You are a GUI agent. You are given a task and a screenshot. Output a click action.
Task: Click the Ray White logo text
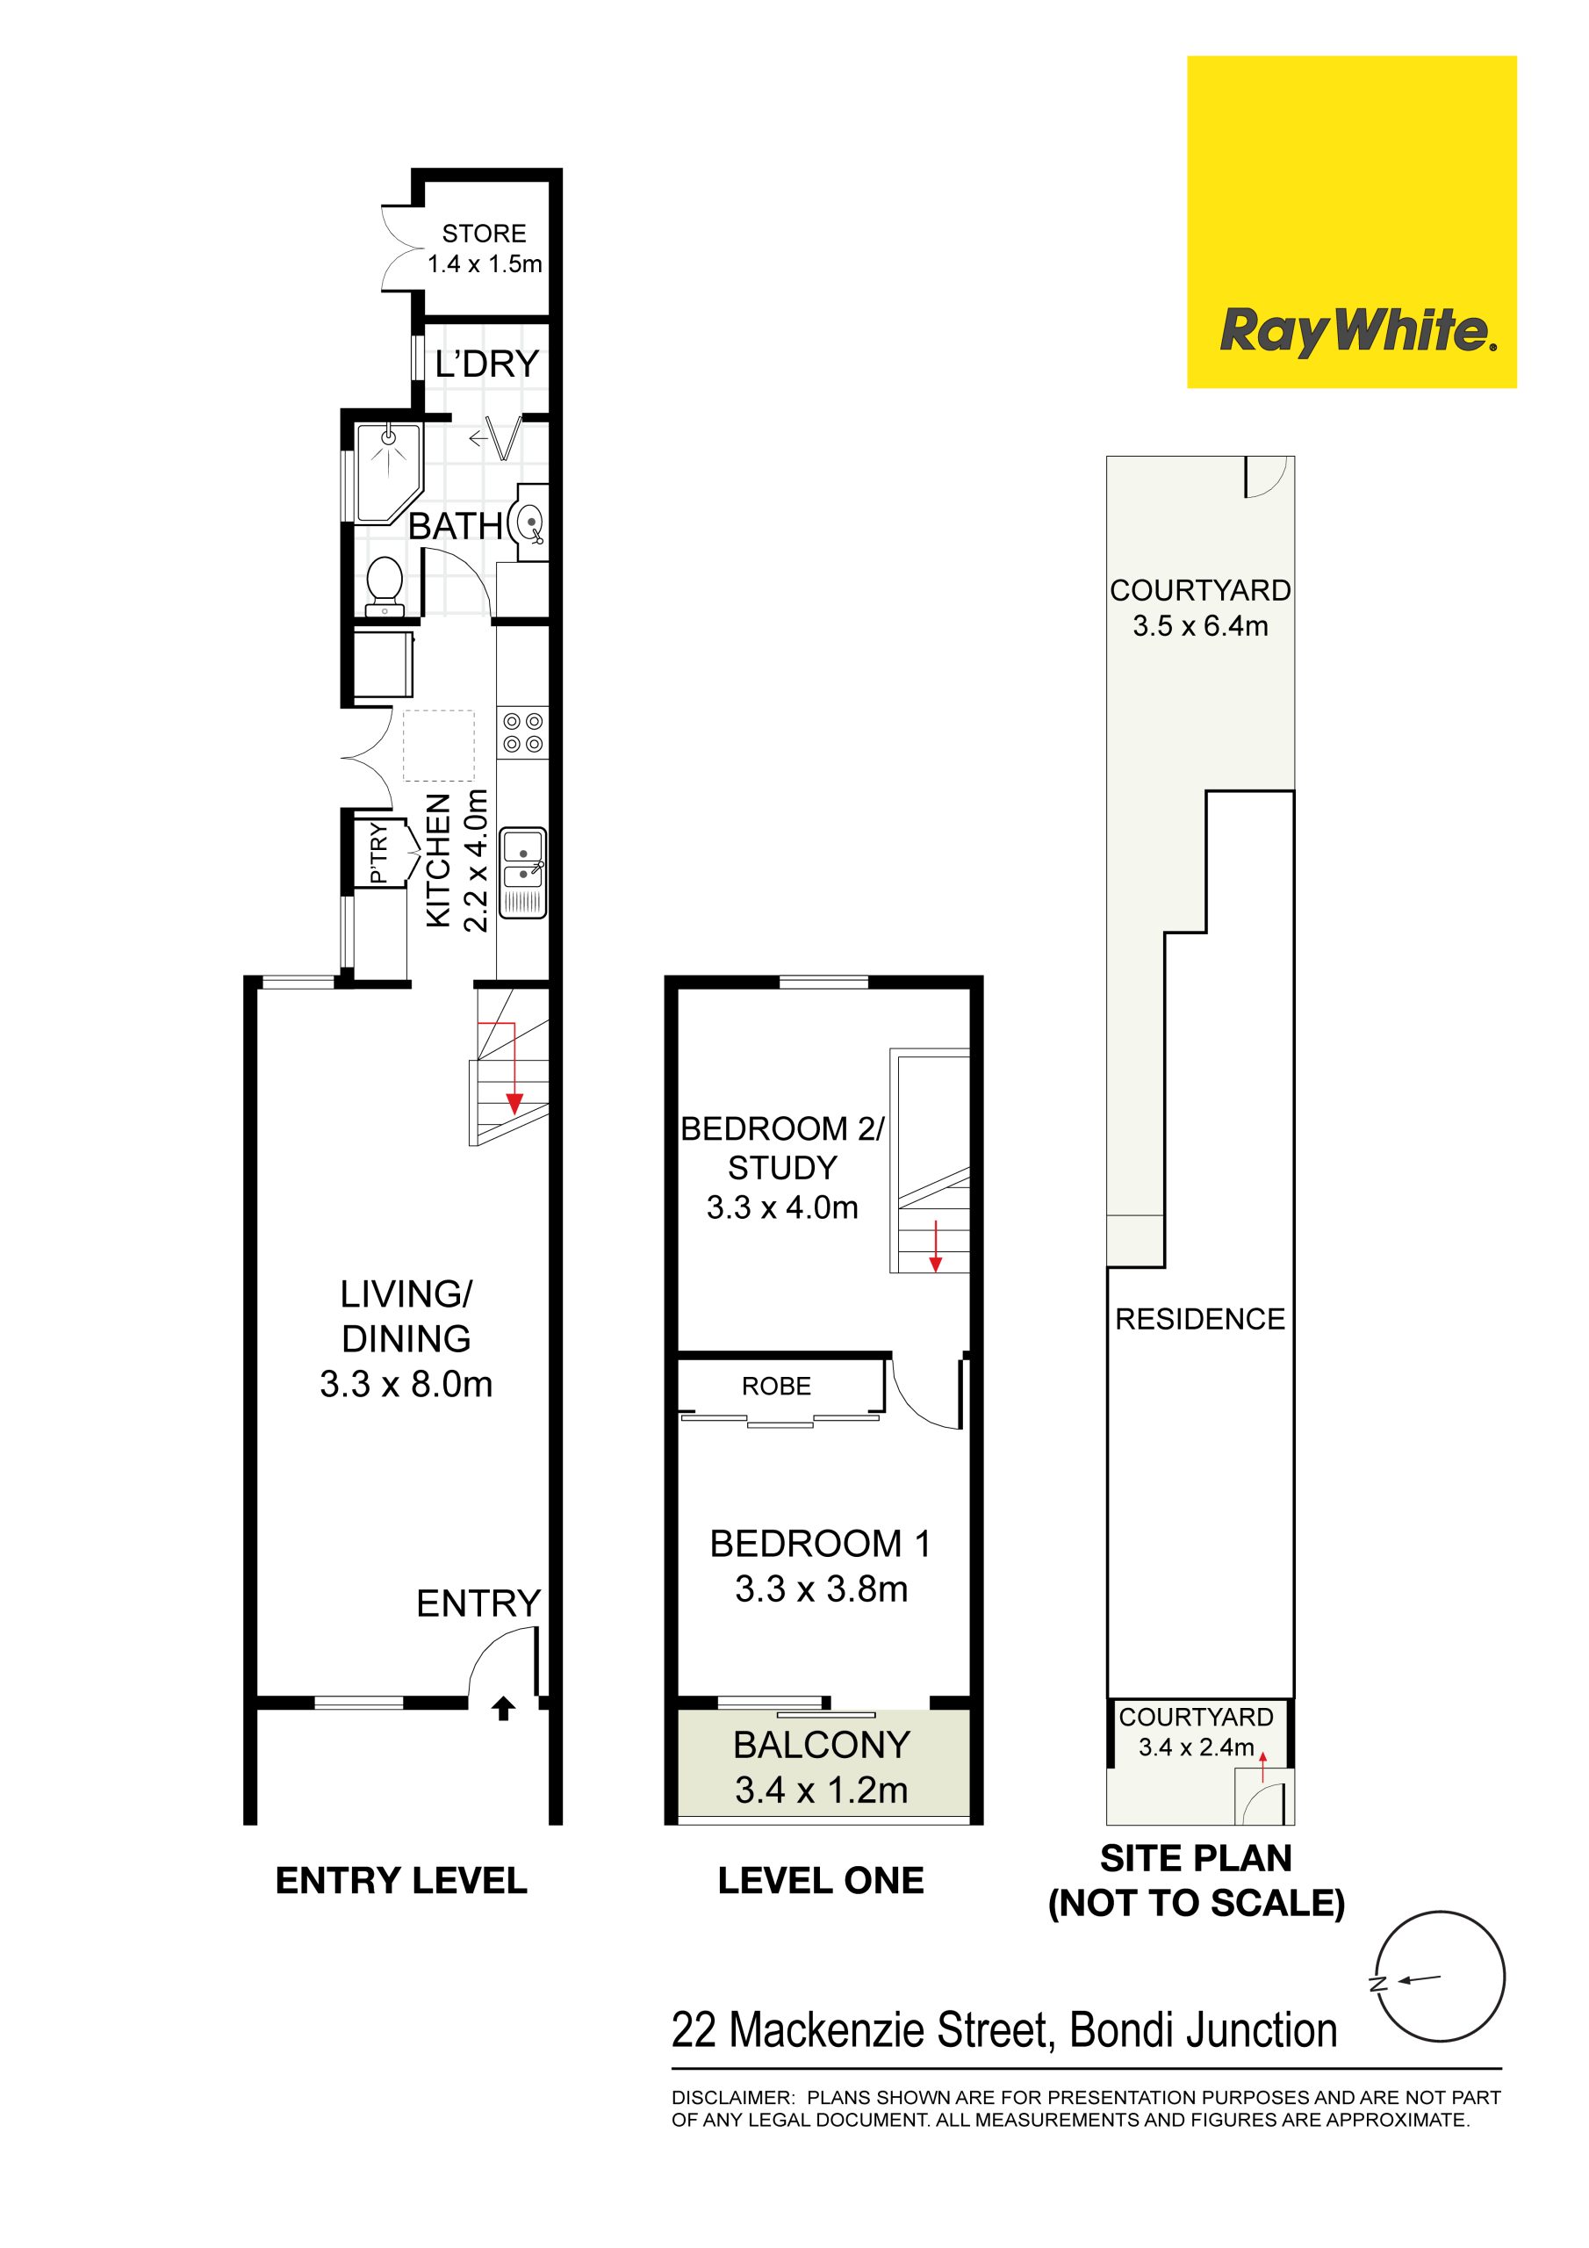[x=1358, y=331]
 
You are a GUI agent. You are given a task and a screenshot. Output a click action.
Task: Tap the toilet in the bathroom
[x=385, y=587]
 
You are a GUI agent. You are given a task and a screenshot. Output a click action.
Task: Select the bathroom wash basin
[x=528, y=522]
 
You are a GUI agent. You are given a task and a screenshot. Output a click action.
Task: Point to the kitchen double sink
[x=523, y=872]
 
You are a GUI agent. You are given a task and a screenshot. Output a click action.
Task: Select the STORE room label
[x=484, y=233]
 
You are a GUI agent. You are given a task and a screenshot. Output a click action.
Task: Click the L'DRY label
[x=486, y=364]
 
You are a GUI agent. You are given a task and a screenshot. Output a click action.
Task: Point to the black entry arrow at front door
[x=503, y=1709]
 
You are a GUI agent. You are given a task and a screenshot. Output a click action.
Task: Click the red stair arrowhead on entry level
[x=514, y=1104]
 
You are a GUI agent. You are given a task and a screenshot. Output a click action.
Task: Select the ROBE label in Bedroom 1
[x=776, y=1386]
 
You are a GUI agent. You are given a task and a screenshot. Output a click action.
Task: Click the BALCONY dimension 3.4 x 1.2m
[x=822, y=1790]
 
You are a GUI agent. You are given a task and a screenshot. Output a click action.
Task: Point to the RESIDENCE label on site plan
[x=1199, y=1319]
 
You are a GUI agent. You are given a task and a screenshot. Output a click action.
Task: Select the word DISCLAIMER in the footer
[x=731, y=2097]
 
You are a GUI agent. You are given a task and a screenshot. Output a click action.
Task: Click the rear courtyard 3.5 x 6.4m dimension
[x=1200, y=625]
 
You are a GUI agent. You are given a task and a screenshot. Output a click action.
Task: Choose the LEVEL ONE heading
[x=821, y=1880]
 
